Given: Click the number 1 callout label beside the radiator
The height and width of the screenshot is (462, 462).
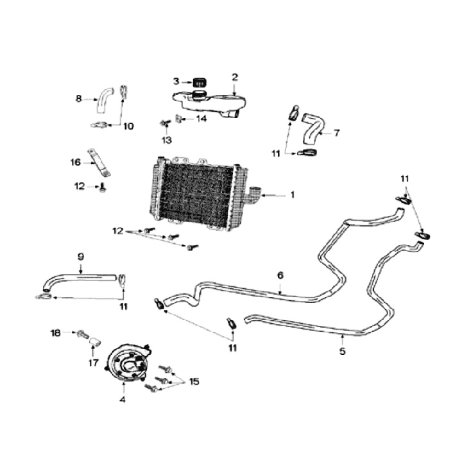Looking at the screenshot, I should coord(292,194).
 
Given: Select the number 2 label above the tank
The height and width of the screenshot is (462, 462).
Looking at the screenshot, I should coord(235,77).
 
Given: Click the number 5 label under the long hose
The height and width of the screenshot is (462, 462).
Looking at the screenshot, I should coord(342,351).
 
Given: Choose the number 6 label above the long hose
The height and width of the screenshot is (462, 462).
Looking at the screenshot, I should coord(280,275).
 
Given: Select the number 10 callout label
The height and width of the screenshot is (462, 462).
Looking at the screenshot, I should coord(128,126).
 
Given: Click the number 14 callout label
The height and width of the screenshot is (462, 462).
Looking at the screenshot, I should coord(201,119).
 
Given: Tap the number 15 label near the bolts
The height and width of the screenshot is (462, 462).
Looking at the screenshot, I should coord(194,381).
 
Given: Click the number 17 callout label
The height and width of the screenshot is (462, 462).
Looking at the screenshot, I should coord(94,363).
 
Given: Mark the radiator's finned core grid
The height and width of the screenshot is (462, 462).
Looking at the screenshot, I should coord(196,193).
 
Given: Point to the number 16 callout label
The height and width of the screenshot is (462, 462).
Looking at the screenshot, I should coord(76,162).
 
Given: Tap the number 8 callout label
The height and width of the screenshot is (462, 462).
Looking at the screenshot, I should coord(78,99).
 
